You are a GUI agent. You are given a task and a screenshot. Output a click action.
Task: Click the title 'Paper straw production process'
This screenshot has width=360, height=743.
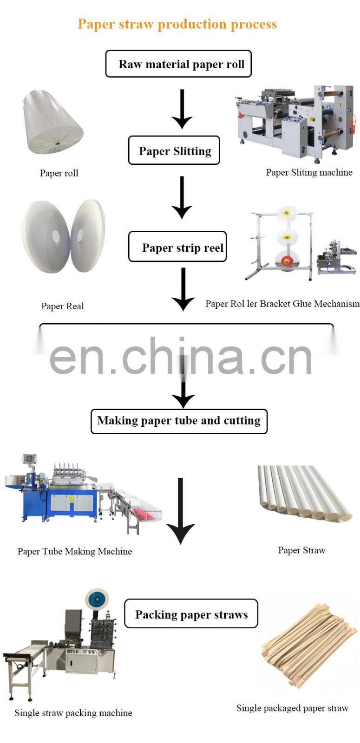[177, 24]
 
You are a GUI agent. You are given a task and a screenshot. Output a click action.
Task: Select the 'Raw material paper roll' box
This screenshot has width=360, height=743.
[178, 64]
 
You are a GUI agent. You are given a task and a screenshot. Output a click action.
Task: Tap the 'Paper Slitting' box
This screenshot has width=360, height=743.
[174, 150]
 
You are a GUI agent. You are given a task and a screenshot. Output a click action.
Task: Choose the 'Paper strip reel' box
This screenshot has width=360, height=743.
[177, 247]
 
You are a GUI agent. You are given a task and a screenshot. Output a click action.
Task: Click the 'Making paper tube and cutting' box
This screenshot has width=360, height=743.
[179, 421]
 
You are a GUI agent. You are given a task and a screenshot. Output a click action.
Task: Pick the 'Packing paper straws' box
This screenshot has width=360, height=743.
[191, 614]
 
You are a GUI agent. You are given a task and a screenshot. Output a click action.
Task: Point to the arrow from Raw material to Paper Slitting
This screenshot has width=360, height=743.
[182, 109]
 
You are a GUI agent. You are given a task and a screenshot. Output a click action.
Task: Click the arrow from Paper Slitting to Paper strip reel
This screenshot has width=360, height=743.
[182, 197]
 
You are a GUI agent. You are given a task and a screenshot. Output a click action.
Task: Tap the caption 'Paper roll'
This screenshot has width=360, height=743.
[59, 173]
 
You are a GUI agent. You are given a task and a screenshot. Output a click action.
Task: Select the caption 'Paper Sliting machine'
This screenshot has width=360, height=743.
[309, 173]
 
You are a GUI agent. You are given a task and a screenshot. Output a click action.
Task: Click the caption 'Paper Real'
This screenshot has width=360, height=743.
[62, 306]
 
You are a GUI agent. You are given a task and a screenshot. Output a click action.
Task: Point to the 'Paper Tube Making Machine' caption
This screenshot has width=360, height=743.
[75, 551]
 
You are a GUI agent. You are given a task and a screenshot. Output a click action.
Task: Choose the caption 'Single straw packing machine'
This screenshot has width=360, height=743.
[73, 713]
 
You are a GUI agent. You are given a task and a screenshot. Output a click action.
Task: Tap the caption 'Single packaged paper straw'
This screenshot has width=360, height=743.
[292, 708]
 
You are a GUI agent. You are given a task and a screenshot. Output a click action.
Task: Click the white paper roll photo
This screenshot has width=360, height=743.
[52, 122]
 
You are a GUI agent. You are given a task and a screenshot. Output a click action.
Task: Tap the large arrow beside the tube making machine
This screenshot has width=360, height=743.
[180, 510]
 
